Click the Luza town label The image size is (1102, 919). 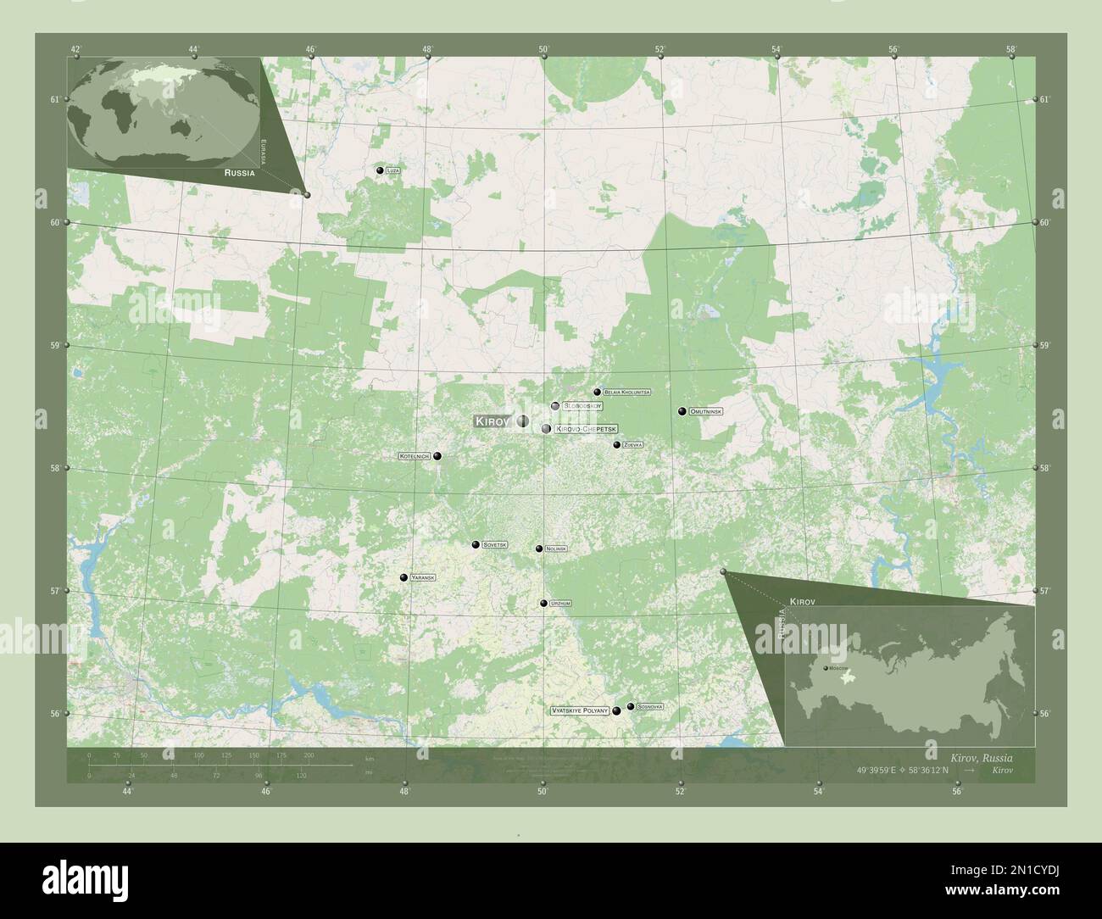click(392, 170)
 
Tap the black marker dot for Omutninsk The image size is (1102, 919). click(682, 411)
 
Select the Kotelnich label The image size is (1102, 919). click(415, 456)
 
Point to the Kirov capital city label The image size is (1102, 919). click(492, 421)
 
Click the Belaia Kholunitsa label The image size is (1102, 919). click(626, 393)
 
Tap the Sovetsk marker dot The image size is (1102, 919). click(476, 544)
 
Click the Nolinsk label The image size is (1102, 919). click(556, 549)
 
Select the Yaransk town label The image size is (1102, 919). click(422, 577)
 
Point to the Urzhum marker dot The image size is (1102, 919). click(543, 603)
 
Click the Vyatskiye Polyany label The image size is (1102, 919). click(581, 710)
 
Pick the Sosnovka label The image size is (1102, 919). click(650, 706)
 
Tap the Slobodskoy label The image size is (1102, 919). click(582, 406)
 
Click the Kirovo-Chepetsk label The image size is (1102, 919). click(587, 429)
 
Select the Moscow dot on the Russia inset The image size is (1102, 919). click(826, 669)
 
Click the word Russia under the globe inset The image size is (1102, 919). click(240, 172)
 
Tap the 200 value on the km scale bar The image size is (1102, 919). click(309, 755)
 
